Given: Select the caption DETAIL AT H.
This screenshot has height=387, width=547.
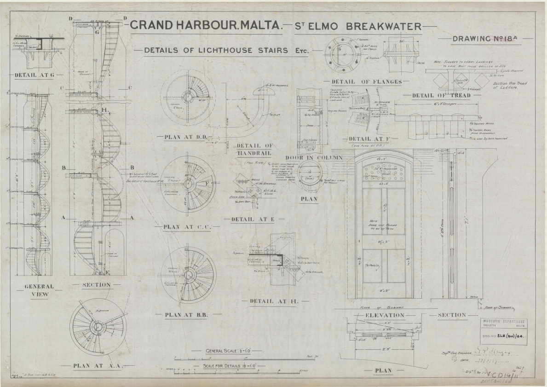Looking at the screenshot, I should (269, 301).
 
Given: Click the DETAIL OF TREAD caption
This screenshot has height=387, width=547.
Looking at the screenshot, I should (441, 95).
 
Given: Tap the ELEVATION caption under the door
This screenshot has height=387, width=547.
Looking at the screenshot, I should (384, 315).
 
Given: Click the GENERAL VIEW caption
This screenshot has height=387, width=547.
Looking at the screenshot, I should (39, 290).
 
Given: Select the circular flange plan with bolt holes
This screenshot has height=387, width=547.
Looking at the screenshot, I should (342, 54).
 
